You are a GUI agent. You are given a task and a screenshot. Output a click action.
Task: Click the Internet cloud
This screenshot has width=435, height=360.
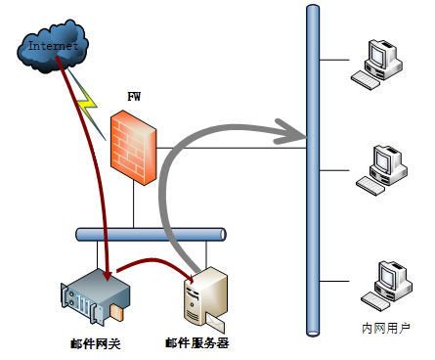pos(53,46)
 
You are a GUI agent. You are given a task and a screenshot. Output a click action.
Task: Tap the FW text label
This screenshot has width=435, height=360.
pos(134,97)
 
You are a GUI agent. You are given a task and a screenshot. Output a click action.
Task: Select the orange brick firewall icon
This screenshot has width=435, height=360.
pos(133,148)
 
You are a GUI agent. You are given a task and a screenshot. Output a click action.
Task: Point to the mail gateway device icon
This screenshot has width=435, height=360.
pos(95,296)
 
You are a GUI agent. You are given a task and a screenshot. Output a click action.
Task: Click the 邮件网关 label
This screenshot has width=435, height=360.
pos(96,344)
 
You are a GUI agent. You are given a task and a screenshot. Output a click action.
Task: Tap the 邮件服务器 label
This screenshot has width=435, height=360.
pos(197,343)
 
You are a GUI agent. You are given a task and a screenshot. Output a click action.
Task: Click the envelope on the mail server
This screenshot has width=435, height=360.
pos(215,322)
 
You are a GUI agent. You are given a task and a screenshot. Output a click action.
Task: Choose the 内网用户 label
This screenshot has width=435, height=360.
pos(386,328)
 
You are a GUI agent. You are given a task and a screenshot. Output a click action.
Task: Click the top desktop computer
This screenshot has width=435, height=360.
pos(377,65)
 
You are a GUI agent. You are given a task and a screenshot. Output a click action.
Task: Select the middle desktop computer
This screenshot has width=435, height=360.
pos(381,170)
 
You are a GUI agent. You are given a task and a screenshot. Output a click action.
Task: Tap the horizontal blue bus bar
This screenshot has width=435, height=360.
pos(151,235)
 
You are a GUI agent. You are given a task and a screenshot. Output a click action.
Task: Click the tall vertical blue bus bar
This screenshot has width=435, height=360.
pos(313,170)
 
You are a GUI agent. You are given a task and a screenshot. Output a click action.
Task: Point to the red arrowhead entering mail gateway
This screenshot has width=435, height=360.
pos(108,276)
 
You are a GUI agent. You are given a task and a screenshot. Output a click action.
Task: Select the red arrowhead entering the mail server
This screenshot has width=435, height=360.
pos(190,278)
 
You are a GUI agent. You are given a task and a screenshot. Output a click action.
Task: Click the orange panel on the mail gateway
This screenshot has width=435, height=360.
pos(116,312)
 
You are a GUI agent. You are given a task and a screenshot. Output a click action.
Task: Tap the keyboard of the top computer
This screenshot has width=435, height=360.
pos(366,80)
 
